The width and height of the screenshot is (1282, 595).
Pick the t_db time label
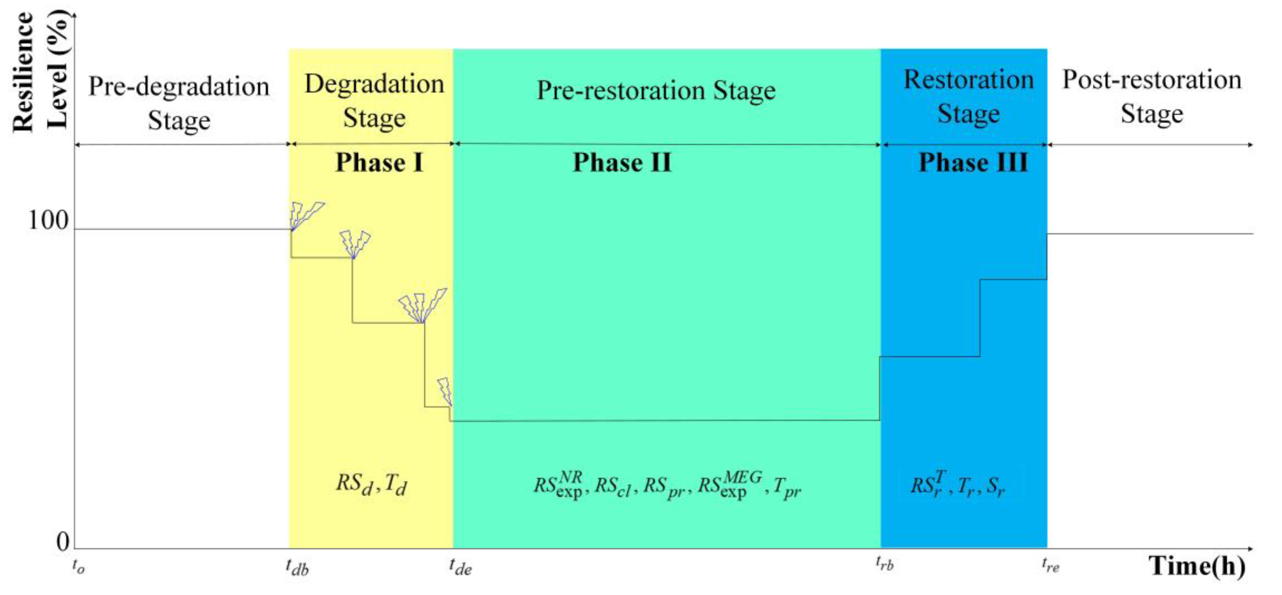[x=297, y=567]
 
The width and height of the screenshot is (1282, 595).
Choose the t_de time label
[x=460, y=567]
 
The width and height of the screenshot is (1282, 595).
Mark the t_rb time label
[x=885, y=564]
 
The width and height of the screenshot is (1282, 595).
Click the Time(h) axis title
[x=1197, y=566]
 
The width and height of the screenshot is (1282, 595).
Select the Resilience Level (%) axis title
[x=40, y=72]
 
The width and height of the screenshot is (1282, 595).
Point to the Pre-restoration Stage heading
[x=656, y=91]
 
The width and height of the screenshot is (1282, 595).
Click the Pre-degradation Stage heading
[x=179, y=103]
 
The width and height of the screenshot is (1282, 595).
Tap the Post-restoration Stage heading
[x=1152, y=97]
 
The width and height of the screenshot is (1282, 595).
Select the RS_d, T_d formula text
[x=371, y=484]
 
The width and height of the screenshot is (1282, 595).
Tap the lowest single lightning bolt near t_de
[x=445, y=391]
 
